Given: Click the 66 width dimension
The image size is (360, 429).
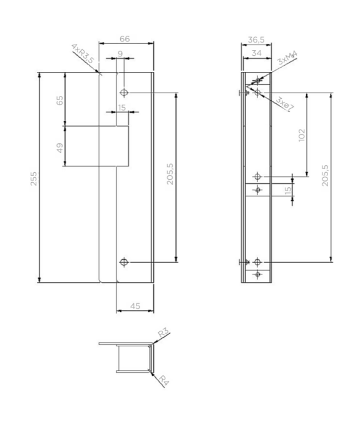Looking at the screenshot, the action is click(125, 39).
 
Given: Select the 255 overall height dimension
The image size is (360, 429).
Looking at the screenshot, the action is click(33, 178).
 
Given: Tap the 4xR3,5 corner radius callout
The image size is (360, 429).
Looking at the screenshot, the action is click(83, 53).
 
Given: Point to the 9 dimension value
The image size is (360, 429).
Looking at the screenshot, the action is click(120, 54).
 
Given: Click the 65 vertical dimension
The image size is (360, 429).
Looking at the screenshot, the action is click(59, 100).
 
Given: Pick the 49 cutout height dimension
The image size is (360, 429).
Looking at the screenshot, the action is click(59, 148).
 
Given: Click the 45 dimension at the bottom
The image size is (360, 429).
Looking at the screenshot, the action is click(135, 306).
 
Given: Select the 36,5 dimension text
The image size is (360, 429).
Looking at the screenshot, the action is click(256, 40).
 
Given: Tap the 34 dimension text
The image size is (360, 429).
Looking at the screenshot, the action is click(256, 53).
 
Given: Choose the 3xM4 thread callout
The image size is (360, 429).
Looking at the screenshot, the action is click(287, 58).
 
